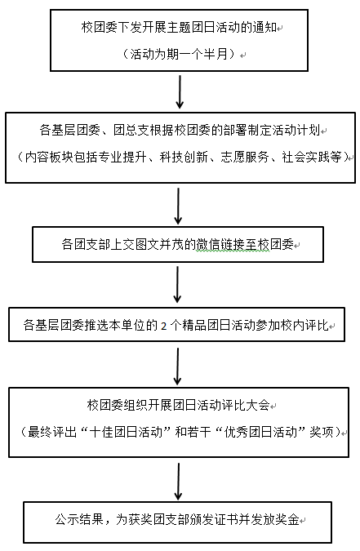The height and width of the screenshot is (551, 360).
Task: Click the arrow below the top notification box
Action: point(180,91)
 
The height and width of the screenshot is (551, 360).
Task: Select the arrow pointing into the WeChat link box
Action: point(178,206)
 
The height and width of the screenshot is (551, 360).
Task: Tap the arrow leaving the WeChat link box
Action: point(177,284)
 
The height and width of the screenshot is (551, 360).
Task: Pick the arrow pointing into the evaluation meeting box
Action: point(177,367)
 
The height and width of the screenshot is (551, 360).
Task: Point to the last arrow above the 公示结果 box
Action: point(178,482)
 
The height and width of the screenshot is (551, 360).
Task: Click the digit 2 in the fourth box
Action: point(164,326)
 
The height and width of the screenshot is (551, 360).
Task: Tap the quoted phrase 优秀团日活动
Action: point(261,432)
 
